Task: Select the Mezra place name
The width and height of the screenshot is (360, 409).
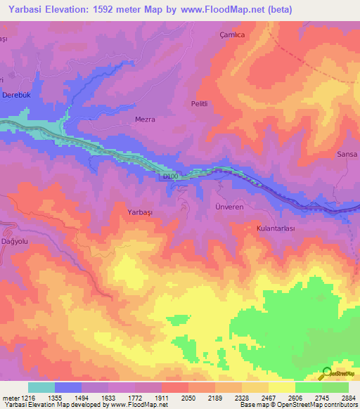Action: tap(145, 119)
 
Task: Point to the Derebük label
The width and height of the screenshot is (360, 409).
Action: tap(18, 95)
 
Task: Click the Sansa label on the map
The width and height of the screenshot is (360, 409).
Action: tap(347, 154)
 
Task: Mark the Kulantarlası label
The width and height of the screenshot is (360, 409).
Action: tap(279, 228)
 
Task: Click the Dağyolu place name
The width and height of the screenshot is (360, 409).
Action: tap(15, 240)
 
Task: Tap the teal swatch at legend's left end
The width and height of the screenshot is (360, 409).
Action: tap(41, 387)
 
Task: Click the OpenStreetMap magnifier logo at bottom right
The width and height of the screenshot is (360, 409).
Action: tap(328, 373)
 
